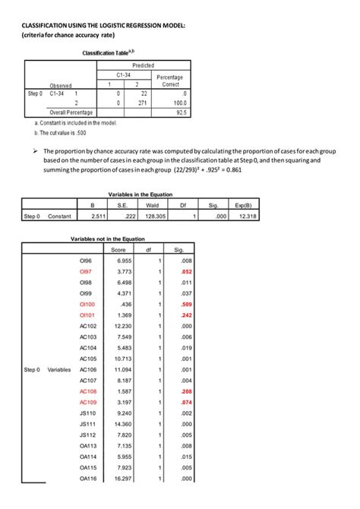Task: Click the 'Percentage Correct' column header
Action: click(x=168, y=81)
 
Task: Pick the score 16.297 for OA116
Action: click(x=123, y=479)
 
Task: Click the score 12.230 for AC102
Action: click(x=123, y=325)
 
